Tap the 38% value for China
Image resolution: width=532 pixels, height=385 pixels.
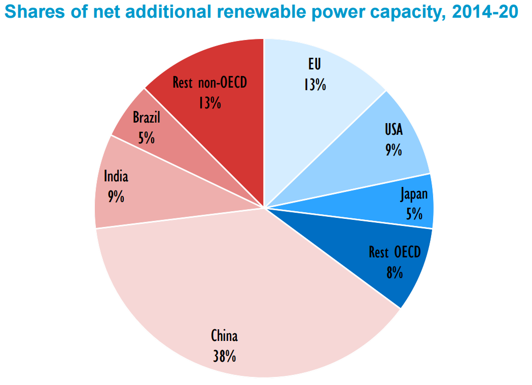click(224, 356)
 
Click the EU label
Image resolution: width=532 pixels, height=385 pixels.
click(315, 64)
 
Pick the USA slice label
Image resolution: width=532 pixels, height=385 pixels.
click(394, 130)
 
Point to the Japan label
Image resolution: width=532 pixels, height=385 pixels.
click(414, 194)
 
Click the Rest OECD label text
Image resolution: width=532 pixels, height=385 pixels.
click(395, 252)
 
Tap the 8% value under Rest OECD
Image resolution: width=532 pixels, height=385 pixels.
click(394, 273)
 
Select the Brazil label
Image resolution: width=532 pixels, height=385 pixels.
click(146, 118)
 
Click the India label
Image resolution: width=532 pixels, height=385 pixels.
click(116, 176)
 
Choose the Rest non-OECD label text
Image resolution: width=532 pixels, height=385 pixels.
click(209, 82)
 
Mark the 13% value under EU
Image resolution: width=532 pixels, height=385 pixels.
click(314, 84)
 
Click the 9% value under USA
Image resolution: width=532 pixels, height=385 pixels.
click(394, 150)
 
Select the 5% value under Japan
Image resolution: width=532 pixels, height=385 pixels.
click(414, 214)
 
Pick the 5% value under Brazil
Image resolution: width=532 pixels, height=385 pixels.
click(146, 138)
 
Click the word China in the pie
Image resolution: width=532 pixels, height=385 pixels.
click(224, 336)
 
